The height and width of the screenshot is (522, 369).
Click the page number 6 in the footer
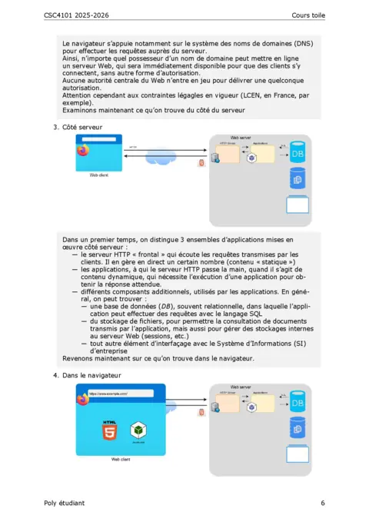324,503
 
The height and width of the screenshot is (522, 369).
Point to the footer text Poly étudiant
65,503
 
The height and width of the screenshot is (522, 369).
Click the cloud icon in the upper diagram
165,162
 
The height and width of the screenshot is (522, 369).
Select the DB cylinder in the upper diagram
298,154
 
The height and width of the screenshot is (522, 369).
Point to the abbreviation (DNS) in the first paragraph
296,44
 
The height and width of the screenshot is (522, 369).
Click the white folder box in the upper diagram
298,206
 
